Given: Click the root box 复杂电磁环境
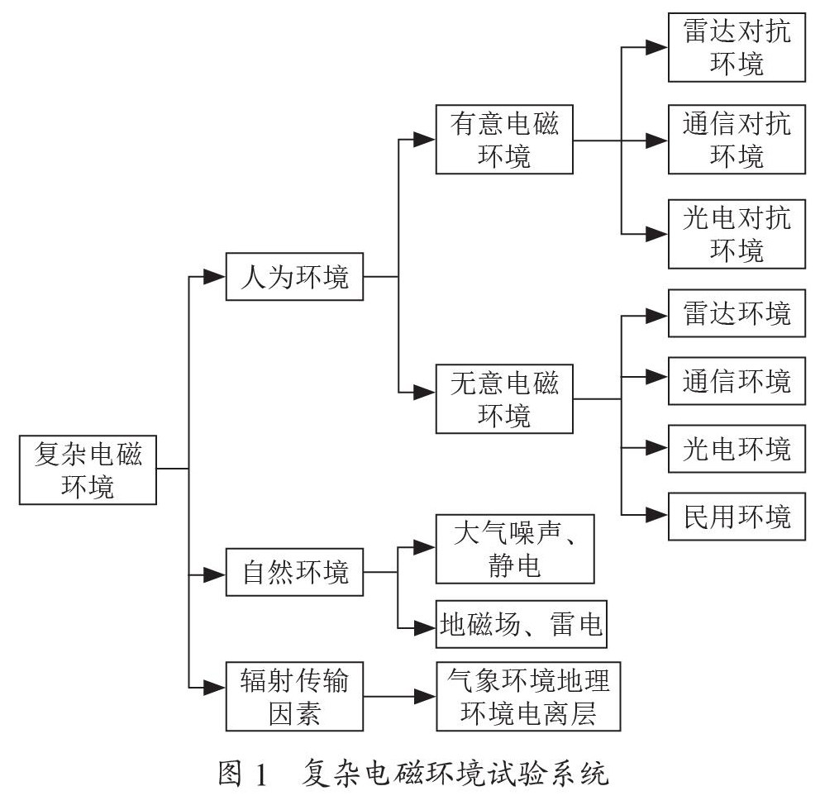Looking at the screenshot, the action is coord(88,469).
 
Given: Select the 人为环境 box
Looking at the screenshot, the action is coord(294,277).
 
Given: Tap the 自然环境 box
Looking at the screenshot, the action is coord(294,572).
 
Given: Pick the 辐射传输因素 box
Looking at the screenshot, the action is coord(294,696).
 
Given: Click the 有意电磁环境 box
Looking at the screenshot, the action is coord(504,139).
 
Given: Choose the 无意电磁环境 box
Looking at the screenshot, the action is coord(504,399).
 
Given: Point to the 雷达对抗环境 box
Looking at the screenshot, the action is coord(737,48).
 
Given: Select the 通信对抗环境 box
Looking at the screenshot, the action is coord(737,139).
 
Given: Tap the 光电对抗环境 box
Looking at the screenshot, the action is coord(737,234).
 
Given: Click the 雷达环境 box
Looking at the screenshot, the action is coord(737,313).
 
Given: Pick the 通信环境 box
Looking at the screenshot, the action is coord(737,381).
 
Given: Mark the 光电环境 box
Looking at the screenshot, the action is coord(737,449).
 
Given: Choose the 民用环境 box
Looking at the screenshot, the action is coord(737,516).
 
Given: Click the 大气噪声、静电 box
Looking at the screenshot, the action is coord(515,549).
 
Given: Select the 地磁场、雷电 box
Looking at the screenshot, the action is coord(522,624).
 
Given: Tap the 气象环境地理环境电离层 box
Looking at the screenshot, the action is coord(528,696).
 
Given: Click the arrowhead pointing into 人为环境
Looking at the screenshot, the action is coord(214,277).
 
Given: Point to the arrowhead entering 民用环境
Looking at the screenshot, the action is coord(657,515).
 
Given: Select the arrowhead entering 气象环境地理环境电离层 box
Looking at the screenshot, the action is coord(425,696).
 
